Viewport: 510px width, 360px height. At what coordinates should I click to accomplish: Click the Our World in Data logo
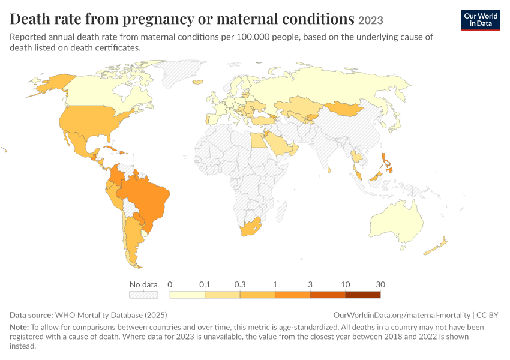click(481, 20)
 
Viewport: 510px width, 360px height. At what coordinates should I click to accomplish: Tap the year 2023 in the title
click(370, 20)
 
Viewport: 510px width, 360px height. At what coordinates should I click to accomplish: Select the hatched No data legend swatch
click(144, 295)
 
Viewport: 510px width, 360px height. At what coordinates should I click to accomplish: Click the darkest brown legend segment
click(362, 295)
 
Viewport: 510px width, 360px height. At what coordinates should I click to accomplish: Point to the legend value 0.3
click(240, 284)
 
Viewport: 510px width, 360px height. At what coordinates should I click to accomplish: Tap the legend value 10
click(345, 284)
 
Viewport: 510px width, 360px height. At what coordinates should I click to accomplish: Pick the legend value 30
click(380, 284)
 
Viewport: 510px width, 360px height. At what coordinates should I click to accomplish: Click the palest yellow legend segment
click(187, 295)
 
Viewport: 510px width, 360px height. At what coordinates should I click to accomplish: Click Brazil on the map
click(146, 202)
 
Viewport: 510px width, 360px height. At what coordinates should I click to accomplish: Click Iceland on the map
click(198, 82)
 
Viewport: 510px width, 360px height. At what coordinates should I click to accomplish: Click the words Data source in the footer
click(31, 315)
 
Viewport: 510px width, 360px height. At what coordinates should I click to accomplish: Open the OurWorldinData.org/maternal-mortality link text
click(401, 315)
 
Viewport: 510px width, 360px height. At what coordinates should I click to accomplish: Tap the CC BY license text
click(487, 315)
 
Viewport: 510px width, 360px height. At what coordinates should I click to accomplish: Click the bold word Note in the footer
click(19, 327)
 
